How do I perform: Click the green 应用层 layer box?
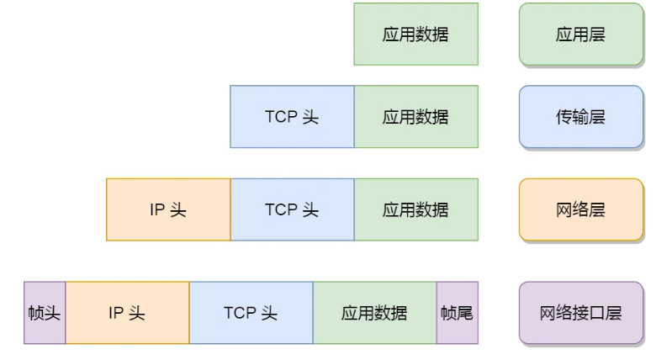(581, 34)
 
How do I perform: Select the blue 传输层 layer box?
(581, 117)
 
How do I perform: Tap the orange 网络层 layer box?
(581, 209)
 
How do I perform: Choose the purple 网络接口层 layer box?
(581, 313)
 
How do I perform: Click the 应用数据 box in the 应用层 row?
(415, 34)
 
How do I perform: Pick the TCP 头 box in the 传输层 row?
(293, 117)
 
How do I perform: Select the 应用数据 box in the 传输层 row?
(416, 117)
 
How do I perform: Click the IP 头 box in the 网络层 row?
(168, 209)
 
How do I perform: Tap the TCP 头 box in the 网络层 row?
(293, 209)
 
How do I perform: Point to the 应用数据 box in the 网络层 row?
(416, 209)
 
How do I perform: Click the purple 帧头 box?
(45, 313)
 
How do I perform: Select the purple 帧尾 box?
(458, 313)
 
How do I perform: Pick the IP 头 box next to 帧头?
(127, 313)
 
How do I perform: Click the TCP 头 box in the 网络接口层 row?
(251, 313)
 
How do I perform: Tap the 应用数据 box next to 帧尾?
(375, 313)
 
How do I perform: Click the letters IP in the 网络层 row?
(157, 209)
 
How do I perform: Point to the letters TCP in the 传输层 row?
(281, 117)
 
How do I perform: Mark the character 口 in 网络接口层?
(597, 313)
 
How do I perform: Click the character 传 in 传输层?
(564, 117)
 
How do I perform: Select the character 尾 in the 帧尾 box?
(465, 313)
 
